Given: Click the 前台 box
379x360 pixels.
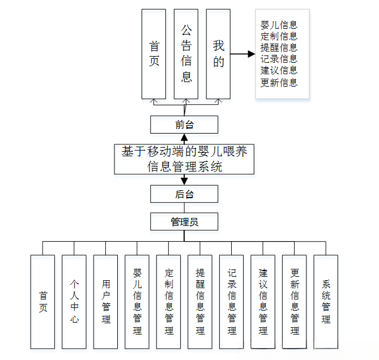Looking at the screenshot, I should (x=184, y=125).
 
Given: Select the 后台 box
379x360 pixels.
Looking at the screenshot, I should (x=184, y=194).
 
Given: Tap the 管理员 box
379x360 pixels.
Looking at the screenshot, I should (x=184, y=221).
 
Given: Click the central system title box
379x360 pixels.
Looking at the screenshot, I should (x=184, y=159).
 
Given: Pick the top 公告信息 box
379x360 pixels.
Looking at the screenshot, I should (x=186, y=54).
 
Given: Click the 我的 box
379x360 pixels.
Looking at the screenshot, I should (x=219, y=54).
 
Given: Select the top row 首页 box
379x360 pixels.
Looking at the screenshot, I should (x=154, y=54).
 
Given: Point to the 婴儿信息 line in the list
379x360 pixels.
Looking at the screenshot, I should (x=279, y=25).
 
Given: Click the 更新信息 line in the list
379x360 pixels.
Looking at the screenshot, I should (x=279, y=83).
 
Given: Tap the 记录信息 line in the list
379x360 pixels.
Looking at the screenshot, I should (x=279, y=59).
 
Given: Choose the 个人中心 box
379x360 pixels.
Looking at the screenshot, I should (x=74, y=301).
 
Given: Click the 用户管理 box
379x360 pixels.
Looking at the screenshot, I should (x=106, y=301).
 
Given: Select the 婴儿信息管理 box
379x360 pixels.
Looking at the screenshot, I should (x=137, y=301).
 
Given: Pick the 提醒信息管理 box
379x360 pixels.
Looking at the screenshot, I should (x=200, y=301).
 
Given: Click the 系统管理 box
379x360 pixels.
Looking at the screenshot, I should (x=326, y=301).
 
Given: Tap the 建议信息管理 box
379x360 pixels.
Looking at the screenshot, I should (x=263, y=301).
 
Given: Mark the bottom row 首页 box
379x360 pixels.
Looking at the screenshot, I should (x=43, y=301).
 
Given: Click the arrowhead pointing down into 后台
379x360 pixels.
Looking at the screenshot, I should (x=184, y=181).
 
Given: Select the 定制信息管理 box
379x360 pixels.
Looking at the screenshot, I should (x=169, y=301).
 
